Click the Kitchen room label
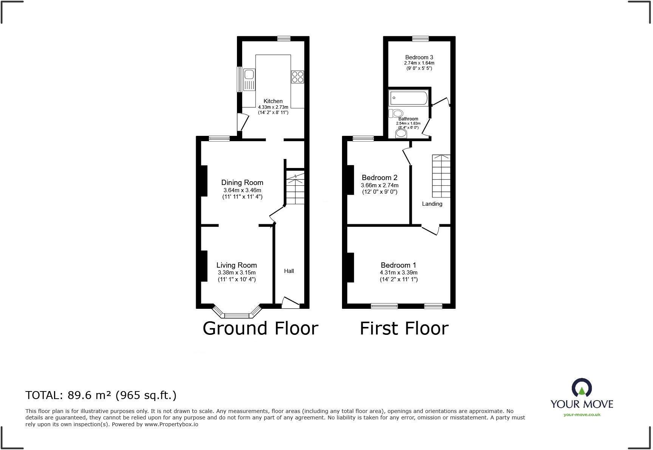[273, 101]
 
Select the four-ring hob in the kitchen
[297, 77]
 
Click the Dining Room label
[242, 183]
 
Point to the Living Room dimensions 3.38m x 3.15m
[237, 273]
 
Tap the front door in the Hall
[290, 302]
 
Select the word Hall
[289, 271]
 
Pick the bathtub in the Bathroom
[408, 98]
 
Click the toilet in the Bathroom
[396, 113]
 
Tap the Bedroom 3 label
[419, 57]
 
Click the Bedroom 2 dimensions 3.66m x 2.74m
[380, 185]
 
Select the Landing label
[432, 204]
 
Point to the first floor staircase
[441, 176]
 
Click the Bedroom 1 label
[398, 265]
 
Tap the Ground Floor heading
[260, 328]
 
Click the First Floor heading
[404, 328]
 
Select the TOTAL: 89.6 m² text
[101, 395]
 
